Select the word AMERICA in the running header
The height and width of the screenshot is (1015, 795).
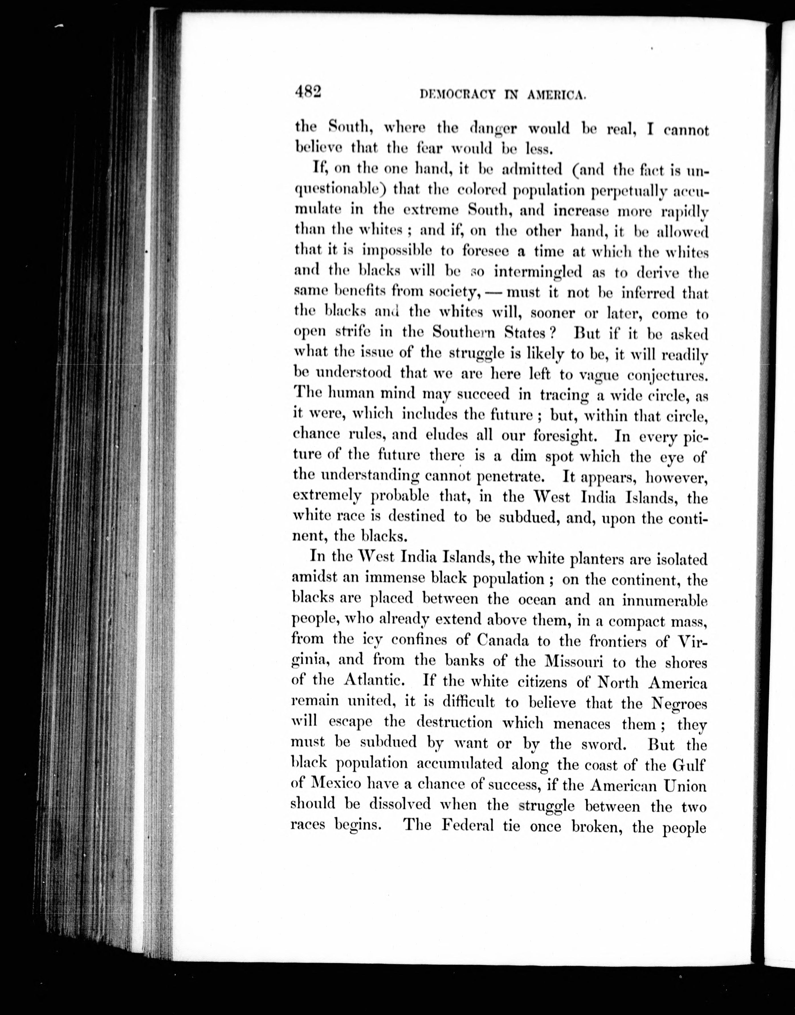556,95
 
